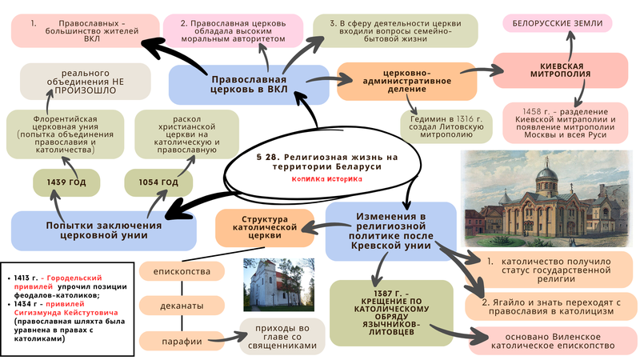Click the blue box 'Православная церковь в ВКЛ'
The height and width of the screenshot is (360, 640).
[249, 85]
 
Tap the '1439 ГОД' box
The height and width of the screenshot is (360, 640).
[66, 183]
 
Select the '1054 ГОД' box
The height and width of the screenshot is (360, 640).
[158, 183]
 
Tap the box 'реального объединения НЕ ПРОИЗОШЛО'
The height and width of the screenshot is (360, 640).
[86, 81]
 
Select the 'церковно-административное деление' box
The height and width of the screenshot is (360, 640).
[407, 80]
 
